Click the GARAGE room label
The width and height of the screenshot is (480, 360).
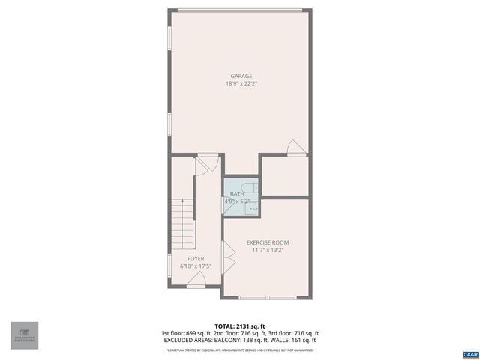click(x=241, y=76)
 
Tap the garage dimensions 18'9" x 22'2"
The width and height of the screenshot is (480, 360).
click(x=241, y=83)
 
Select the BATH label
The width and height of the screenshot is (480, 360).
click(x=237, y=194)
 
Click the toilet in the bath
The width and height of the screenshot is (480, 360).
click(x=253, y=187)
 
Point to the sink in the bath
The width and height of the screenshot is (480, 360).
click(x=253, y=208)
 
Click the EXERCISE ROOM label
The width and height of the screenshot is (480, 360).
click(x=268, y=242)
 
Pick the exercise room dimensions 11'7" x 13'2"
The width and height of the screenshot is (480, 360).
click(x=268, y=250)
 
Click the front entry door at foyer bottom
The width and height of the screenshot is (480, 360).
click(x=196, y=280)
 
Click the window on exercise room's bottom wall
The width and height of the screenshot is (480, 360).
click(x=265, y=298)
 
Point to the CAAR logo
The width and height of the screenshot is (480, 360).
click(x=469, y=352)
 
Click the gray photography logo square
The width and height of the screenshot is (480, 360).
click(x=24, y=335)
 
